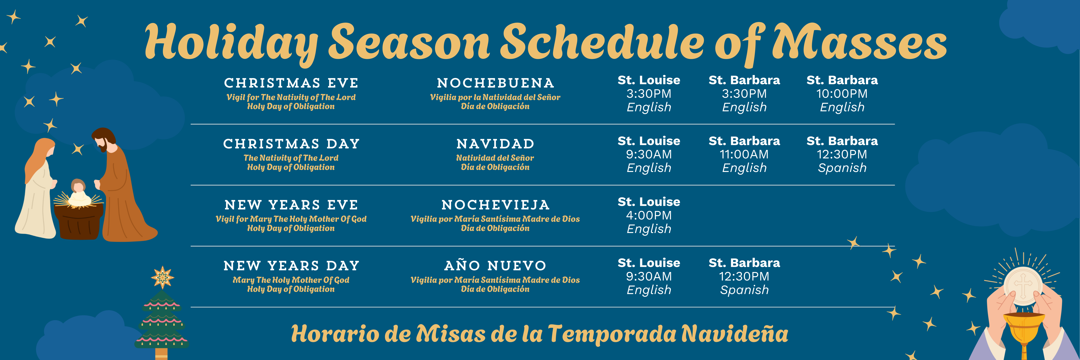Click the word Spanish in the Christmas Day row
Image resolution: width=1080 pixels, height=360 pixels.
(842, 168)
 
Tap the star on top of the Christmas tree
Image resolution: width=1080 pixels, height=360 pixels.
(162, 277)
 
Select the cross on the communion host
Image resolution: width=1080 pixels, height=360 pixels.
(1023, 286)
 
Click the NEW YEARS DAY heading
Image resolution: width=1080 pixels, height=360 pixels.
(291, 266)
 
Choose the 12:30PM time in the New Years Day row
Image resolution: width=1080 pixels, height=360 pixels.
(744, 277)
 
